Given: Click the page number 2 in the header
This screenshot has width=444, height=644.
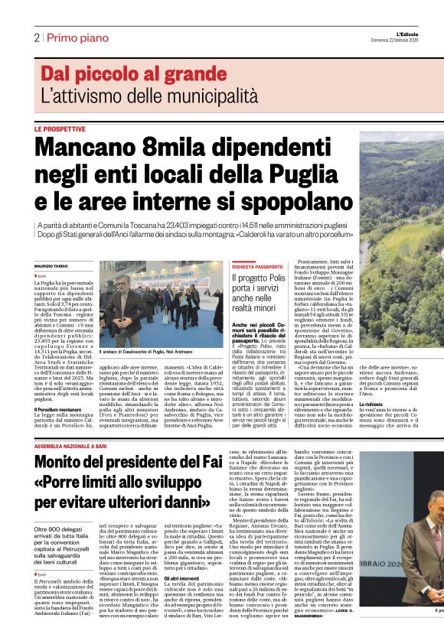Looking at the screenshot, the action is (x=36, y=37).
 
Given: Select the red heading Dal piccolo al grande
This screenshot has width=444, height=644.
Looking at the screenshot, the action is (x=123, y=74).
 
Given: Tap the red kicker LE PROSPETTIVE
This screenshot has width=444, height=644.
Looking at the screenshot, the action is (x=59, y=129).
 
